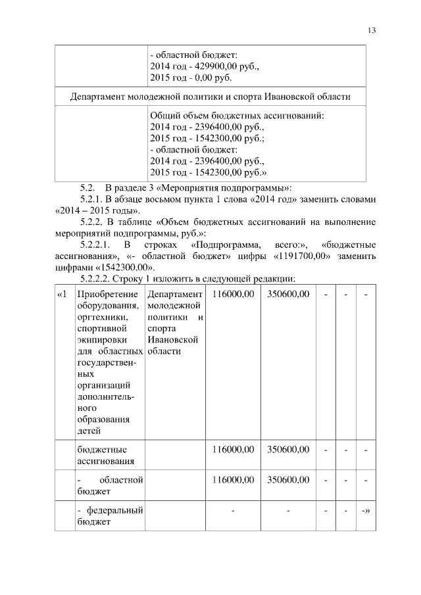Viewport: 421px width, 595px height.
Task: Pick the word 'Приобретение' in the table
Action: [x=107, y=294]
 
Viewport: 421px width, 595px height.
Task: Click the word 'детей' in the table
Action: [x=89, y=431]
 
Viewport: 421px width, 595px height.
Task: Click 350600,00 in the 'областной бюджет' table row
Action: [x=287, y=479]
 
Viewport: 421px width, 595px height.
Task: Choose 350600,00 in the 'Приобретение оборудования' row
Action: [x=287, y=294]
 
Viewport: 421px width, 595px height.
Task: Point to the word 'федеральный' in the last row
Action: [x=114, y=510]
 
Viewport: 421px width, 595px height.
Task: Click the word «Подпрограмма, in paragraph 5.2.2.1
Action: [x=224, y=245]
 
